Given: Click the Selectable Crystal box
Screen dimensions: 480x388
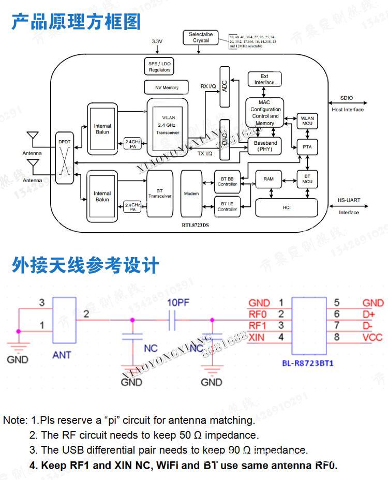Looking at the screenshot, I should (201, 37).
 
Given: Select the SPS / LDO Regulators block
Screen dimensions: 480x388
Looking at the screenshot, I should (159, 66).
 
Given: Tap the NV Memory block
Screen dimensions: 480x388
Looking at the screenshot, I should (166, 87).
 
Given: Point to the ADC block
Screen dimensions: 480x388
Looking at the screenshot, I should (225, 86).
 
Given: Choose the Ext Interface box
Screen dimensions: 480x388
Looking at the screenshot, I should (264, 79).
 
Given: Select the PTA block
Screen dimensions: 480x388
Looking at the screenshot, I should (307, 147).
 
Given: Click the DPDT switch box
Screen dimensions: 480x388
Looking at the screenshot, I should (65, 158).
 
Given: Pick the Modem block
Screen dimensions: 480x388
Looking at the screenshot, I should (191, 193).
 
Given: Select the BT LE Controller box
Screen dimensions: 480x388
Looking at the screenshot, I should (227, 206).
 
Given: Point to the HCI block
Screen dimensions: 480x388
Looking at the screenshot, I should (287, 207).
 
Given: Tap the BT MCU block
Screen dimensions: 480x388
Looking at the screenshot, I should (307, 179).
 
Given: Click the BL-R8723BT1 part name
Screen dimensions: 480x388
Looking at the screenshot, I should (308, 363).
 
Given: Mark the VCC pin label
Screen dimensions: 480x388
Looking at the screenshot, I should (372, 337).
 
